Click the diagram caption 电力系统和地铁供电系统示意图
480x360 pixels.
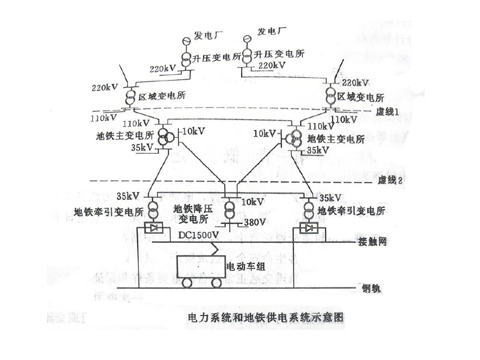pos(265,317)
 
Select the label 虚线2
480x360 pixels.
pos(388,181)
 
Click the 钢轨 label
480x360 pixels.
pos(370,288)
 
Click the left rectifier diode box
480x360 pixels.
pos(153,229)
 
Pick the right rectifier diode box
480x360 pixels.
pos(308,229)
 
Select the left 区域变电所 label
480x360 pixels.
pos(162,96)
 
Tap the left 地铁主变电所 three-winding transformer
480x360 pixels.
pos(164,136)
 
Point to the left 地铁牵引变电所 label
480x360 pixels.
pos(109,211)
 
